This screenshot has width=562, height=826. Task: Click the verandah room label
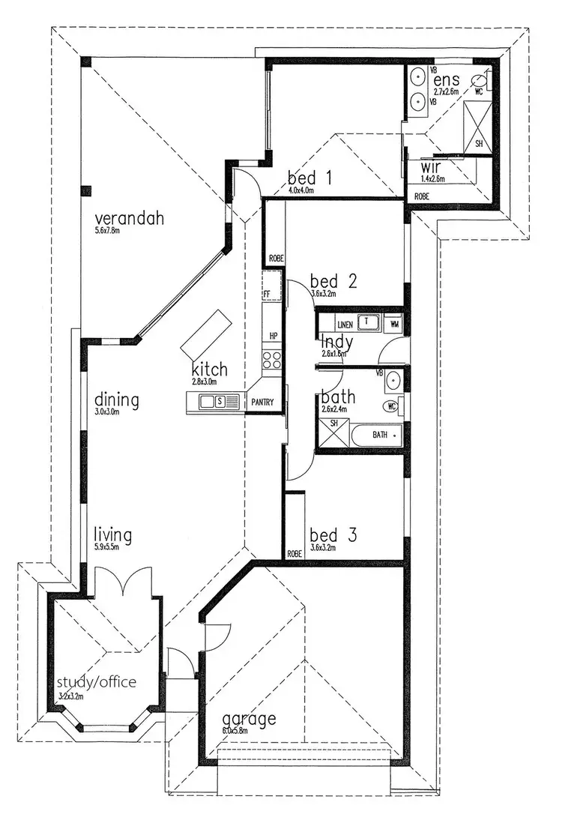129,219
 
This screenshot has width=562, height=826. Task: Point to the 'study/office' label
97,682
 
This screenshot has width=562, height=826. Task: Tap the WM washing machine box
394,324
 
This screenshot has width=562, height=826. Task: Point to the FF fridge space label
266,293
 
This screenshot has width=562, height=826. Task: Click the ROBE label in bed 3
294,554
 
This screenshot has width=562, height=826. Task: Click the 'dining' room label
116,400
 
